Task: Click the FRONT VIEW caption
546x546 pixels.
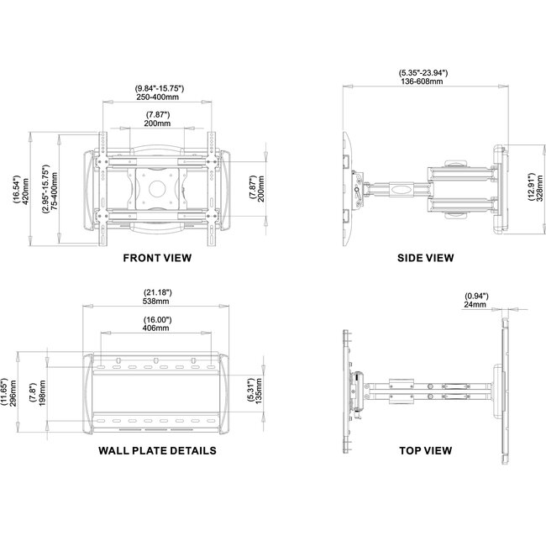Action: (x=157, y=258)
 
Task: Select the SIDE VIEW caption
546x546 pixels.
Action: (x=425, y=258)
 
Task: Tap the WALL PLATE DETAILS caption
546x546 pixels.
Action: (x=157, y=450)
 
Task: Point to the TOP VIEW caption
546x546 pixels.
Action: (x=425, y=450)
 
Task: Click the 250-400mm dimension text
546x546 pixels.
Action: (x=160, y=98)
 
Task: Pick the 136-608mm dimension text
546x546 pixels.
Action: (x=423, y=83)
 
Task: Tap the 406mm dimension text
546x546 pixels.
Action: (x=157, y=329)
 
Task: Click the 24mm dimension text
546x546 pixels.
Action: (x=475, y=306)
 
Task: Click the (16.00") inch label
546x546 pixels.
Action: (x=157, y=320)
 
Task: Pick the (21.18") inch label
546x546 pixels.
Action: (x=158, y=293)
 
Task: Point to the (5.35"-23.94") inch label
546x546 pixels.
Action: (x=423, y=74)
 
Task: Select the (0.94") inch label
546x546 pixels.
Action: (x=475, y=296)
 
